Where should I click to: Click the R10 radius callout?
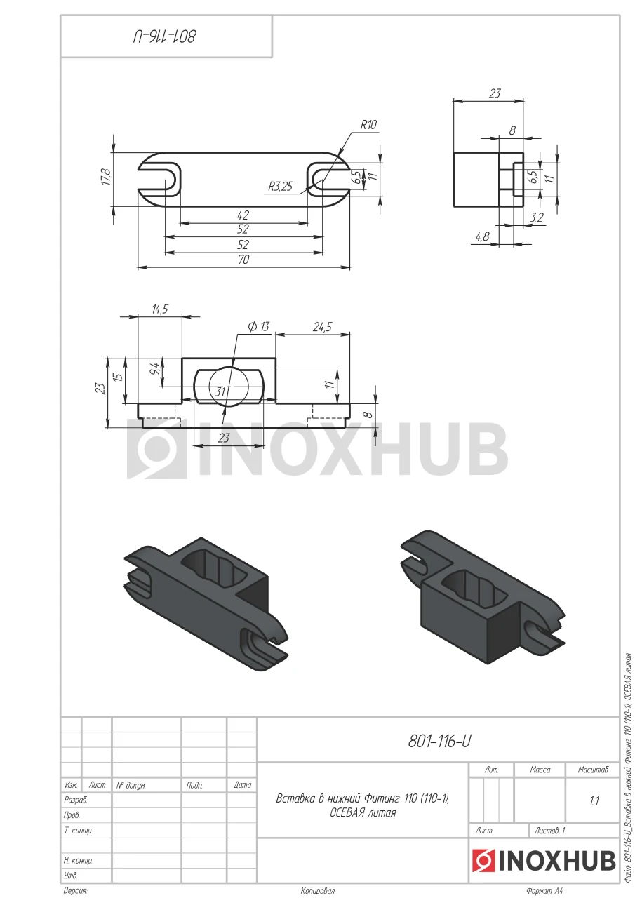tap(368, 125)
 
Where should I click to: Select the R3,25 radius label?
tap(281, 187)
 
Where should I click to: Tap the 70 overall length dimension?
tap(243, 260)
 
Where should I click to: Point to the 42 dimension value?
tap(243, 215)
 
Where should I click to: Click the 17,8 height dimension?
tap(106, 177)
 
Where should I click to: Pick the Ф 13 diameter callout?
tap(259, 327)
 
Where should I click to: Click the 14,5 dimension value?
tap(160, 309)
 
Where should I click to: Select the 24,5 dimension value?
tap(322, 327)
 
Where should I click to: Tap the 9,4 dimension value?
tap(154, 369)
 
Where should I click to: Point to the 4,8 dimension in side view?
tap(483, 236)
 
